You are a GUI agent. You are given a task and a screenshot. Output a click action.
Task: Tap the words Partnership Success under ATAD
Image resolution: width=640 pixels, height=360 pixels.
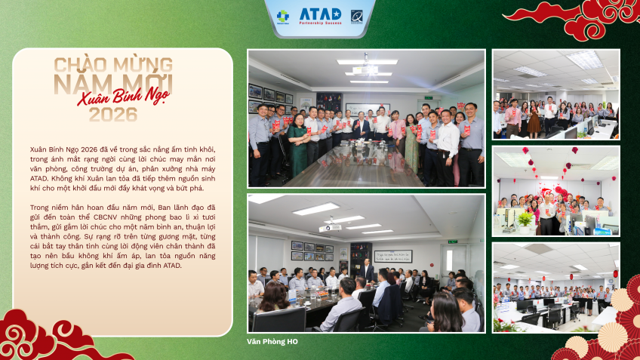coord(320,23)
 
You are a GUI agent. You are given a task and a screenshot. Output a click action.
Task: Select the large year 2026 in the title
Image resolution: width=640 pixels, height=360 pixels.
coord(112,115)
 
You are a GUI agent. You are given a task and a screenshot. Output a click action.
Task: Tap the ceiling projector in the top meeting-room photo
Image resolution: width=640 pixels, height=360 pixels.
coord(366,69)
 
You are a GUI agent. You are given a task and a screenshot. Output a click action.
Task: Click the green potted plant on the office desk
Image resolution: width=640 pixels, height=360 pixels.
coord(525,219)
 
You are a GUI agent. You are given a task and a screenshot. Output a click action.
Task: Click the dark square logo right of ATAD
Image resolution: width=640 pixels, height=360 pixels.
coord(357,15)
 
